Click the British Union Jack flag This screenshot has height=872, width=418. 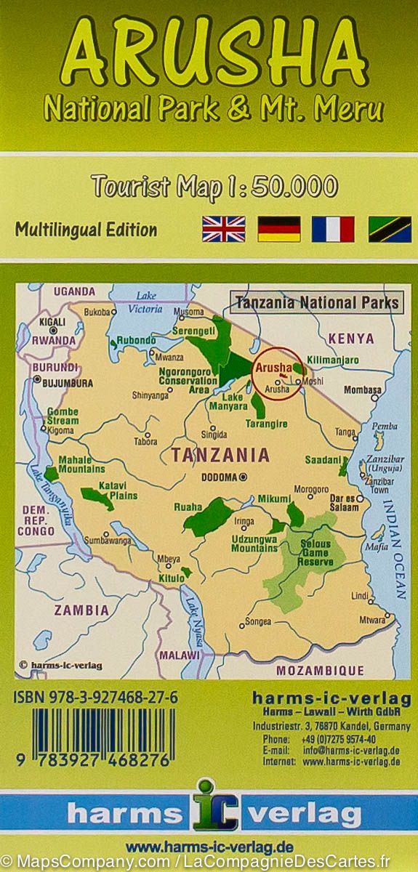tap(224, 229)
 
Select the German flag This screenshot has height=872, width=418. tap(279, 229)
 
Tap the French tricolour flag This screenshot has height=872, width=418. tap(333, 229)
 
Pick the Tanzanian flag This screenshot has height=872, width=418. tap(390, 229)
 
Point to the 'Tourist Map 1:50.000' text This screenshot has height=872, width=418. tap(214, 187)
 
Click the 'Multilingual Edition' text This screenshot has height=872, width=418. tap(86, 230)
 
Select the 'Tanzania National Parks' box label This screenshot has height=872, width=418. tap(317, 302)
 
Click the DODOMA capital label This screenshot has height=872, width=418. tap(219, 477)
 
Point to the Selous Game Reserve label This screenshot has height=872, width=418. tap(315, 553)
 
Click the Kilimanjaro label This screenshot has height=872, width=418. tap(334, 360)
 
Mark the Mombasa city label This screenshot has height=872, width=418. tap(362, 389)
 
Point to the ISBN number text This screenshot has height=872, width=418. tap(95, 698)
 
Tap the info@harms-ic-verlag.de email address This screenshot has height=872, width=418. tap(351, 751)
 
